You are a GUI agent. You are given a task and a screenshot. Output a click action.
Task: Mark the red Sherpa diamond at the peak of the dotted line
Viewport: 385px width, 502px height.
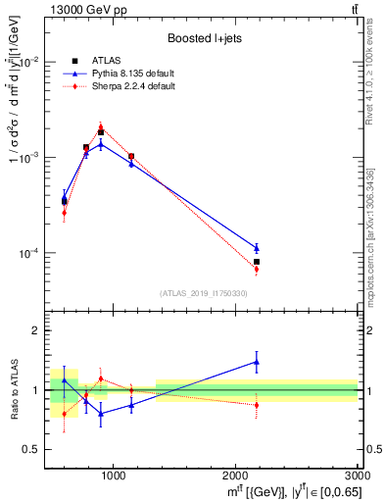(101, 126)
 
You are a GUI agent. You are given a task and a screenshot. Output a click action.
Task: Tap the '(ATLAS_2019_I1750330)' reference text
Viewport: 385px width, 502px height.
(203, 293)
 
